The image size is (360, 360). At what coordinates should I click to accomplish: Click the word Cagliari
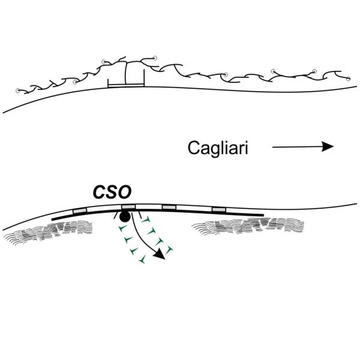click(217, 147)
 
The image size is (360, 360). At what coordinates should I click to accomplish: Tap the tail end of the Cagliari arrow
click(274, 146)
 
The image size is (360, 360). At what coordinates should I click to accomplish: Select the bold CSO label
click(112, 193)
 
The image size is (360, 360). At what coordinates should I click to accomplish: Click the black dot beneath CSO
click(124, 215)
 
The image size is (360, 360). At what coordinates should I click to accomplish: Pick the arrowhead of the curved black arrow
click(161, 256)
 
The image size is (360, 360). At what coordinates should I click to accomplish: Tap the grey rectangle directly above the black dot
click(127, 206)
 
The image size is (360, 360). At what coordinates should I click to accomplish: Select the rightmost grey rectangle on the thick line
click(219, 209)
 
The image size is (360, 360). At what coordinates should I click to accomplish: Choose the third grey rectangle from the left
click(170, 207)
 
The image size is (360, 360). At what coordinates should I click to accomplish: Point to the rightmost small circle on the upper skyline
click(347, 76)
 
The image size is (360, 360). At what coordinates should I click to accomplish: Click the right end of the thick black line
click(262, 214)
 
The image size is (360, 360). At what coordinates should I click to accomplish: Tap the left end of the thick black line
click(53, 219)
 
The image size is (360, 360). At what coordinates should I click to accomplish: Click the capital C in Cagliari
click(193, 147)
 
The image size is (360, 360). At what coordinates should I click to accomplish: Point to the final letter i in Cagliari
click(245, 147)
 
